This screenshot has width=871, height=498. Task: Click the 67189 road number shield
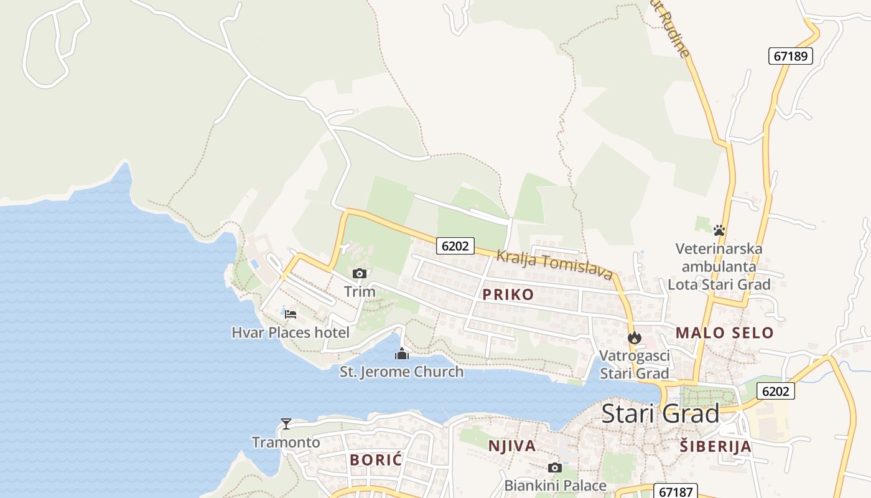pos(790,56)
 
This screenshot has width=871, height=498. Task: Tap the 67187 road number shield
pos(676,492)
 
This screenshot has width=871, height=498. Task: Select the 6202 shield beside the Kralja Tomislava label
pos(455,246)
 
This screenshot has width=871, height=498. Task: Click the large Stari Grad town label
pos(660,414)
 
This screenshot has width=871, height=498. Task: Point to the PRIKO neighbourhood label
pos(508,294)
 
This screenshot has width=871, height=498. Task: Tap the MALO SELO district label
pos(724,333)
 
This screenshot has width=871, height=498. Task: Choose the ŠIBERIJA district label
pos(715,446)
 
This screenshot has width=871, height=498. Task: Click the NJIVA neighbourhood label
pos(512,446)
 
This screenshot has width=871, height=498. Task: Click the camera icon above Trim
pos(359,273)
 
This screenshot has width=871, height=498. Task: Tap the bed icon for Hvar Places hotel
pos(290,314)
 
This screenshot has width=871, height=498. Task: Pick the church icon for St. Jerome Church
pos(402,354)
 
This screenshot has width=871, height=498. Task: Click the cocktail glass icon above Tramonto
pos(286,424)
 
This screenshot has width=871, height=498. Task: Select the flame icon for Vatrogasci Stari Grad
pos(634,338)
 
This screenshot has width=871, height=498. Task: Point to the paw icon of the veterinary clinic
pos(719,230)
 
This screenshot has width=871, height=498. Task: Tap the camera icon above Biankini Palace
pos(554,467)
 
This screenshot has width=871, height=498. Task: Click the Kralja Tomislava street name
pos(554,265)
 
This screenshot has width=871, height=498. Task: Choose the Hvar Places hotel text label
pos(290,332)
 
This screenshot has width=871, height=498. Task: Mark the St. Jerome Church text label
pos(401,372)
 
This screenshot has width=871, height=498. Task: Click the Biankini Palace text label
pos(555,485)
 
